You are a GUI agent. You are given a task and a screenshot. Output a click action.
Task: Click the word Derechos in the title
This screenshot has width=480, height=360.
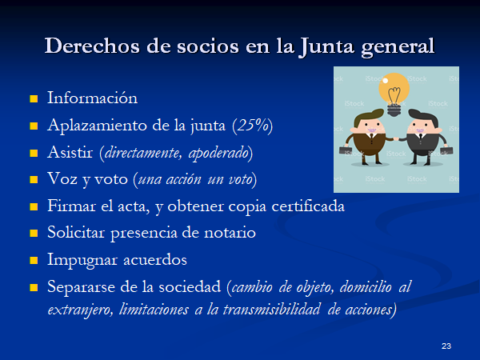click(93, 46)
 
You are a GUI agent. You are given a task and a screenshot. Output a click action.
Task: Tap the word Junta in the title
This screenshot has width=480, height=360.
click(326, 46)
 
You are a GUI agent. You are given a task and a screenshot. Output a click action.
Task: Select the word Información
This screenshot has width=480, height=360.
click(93, 98)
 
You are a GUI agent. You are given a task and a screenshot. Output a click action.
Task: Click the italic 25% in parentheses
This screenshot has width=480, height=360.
click(253, 126)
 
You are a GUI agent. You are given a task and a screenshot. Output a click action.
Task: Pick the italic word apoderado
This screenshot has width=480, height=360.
click(218, 153)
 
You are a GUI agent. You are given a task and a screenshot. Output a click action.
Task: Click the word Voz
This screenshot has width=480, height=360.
click(62, 178)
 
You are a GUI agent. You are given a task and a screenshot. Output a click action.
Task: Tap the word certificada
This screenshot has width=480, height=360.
click(308, 206)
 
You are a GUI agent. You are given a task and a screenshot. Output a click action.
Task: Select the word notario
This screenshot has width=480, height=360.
click(230, 233)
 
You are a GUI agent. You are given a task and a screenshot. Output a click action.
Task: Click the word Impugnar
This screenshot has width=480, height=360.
click(82, 260)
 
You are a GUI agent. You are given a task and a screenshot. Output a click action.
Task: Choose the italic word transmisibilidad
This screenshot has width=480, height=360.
click(271, 310)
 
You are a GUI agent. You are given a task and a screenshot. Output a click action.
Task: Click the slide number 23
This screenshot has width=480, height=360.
click(446, 346)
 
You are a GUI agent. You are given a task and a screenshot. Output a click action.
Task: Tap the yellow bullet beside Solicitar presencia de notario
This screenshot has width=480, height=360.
click(34, 234)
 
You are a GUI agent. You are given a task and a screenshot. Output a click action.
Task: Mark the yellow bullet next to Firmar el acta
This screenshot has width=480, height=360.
click(34, 206)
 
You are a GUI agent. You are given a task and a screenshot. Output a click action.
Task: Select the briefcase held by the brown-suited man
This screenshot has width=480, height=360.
click(346, 150)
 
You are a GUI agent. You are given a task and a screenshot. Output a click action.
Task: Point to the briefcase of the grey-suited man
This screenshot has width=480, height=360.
click(446, 151)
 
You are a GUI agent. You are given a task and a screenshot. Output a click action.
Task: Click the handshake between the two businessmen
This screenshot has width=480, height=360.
click(396, 139)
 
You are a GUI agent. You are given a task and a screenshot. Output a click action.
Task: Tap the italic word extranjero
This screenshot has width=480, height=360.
click(80, 310)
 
